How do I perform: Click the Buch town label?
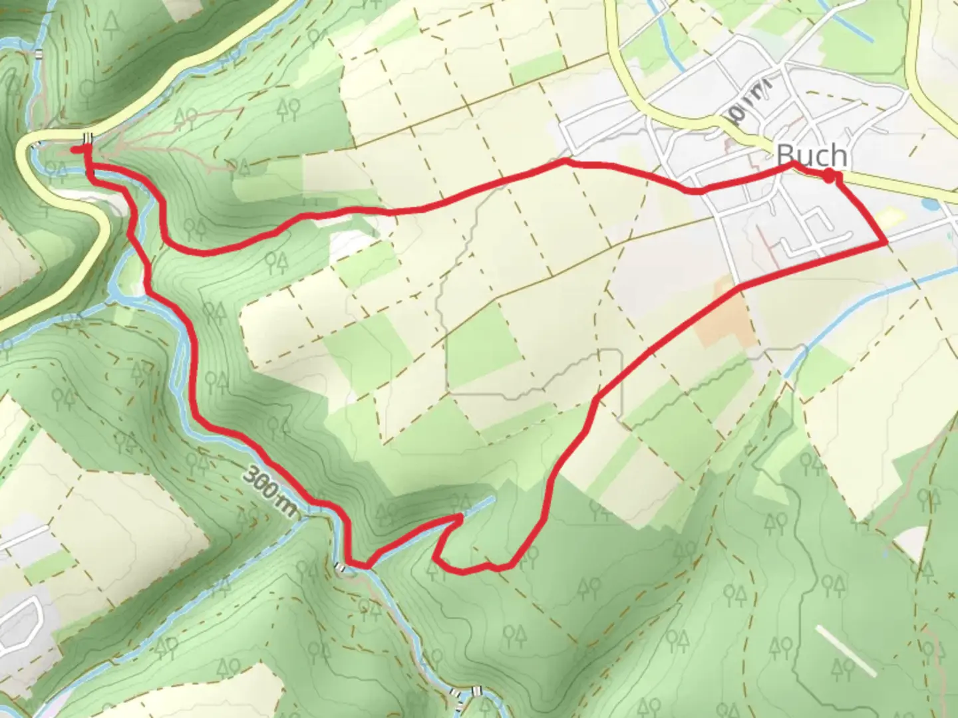coord(812,156)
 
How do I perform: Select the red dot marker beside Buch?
coord(829,176)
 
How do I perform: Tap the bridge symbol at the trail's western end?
coord(87,138)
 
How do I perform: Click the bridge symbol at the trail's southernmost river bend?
coord(341,567)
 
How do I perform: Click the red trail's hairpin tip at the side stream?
coord(460,517)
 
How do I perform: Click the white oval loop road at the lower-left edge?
coord(20,622)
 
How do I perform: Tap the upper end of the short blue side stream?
coord(492,499)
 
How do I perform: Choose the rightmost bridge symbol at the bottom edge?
coord(476,692)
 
